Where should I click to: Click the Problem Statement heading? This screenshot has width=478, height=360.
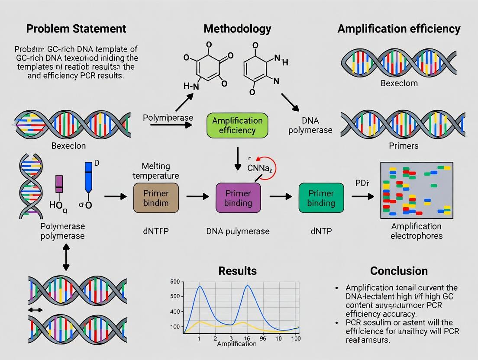point(76,29)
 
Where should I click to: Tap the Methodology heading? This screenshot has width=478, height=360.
point(237,29)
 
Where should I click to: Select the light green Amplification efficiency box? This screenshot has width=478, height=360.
point(237,125)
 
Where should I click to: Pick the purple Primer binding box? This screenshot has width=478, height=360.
point(238,197)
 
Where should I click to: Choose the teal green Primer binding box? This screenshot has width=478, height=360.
point(321,198)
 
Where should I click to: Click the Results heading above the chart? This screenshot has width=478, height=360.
point(238,271)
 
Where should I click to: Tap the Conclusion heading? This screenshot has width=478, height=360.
point(399,271)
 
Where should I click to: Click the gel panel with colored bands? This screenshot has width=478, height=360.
point(416,190)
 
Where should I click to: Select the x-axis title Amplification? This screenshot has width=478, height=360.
point(236,344)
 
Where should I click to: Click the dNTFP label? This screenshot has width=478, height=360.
point(155,231)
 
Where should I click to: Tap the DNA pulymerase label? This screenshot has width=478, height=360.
point(238,231)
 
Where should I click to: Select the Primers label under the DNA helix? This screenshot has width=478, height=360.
point(404,146)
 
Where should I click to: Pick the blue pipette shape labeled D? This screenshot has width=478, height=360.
point(88,177)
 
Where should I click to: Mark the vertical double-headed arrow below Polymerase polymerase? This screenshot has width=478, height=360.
point(65,260)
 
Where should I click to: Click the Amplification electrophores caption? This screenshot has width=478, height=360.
point(416,231)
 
